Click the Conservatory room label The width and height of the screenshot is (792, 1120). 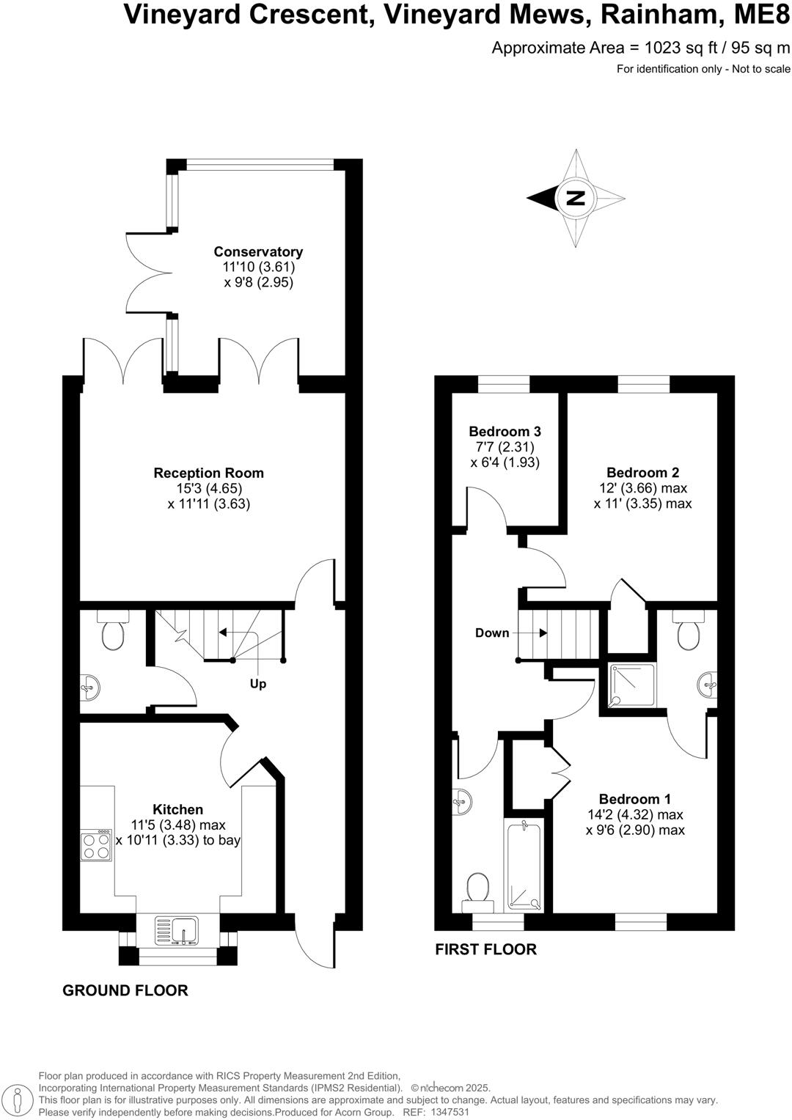click(258, 252)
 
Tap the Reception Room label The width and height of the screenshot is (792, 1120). click(208, 474)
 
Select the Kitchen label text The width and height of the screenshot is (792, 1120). click(177, 810)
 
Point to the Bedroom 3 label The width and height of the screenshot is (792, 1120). click(505, 432)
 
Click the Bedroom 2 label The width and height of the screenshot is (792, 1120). click(642, 473)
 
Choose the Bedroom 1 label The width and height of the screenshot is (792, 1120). click(634, 799)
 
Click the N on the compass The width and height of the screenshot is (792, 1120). click(576, 197)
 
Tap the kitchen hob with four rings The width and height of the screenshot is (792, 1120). click(96, 844)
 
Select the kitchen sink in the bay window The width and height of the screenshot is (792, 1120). click(177, 930)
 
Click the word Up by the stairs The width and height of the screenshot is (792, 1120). click(258, 684)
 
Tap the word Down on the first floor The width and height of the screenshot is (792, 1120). click(491, 633)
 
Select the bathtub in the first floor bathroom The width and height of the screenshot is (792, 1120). click(524, 865)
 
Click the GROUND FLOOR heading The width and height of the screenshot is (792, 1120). click(125, 990)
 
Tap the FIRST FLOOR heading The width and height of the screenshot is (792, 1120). click(485, 949)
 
